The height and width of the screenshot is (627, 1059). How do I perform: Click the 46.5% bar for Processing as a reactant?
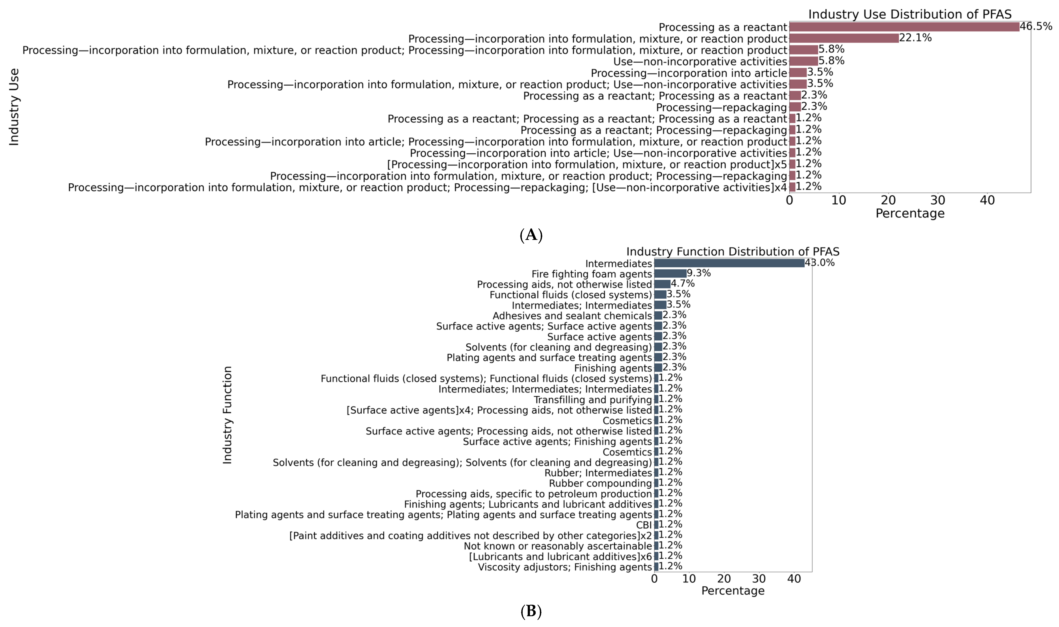(x=904, y=27)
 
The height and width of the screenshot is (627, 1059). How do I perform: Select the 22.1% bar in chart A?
(x=844, y=38)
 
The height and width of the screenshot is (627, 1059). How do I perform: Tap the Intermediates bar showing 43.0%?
(x=729, y=263)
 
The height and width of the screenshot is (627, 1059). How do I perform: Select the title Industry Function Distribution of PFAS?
(x=733, y=252)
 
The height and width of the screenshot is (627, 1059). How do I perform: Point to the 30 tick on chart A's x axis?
(x=938, y=200)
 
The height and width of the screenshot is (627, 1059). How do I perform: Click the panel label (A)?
(x=531, y=235)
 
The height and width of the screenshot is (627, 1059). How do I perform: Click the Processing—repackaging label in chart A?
(x=721, y=107)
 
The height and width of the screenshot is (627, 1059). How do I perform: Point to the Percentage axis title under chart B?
(x=733, y=591)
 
